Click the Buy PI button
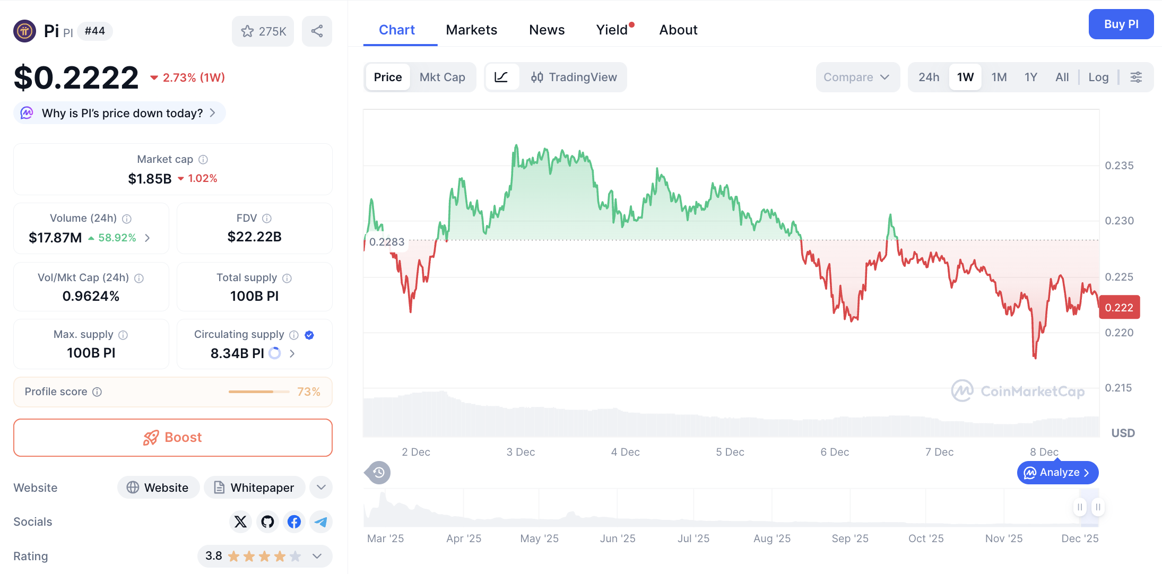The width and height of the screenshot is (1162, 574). (x=1121, y=24)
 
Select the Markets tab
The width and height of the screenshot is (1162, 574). (x=471, y=30)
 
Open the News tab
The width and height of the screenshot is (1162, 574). (x=547, y=30)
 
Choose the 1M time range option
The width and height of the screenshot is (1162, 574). (x=999, y=77)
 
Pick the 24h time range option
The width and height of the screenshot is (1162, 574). (x=929, y=77)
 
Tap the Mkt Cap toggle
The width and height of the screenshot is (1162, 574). (x=442, y=77)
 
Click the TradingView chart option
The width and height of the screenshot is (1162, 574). (x=574, y=77)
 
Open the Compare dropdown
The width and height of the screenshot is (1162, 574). (x=856, y=77)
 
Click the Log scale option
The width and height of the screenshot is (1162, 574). (x=1098, y=77)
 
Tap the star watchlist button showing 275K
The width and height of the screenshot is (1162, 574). (x=263, y=31)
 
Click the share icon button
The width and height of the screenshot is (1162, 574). (x=317, y=31)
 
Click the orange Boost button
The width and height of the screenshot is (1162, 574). (x=173, y=438)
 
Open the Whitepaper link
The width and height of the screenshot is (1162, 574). (x=254, y=488)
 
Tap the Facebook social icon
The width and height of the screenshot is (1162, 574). (x=294, y=522)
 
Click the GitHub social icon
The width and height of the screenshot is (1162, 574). (x=267, y=522)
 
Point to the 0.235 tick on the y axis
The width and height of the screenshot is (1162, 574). (x=1119, y=166)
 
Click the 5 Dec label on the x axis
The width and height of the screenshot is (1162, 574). (x=730, y=452)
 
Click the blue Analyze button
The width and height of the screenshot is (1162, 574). (x=1057, y=473)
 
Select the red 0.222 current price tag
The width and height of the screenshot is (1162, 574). (x=1119, y=308)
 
